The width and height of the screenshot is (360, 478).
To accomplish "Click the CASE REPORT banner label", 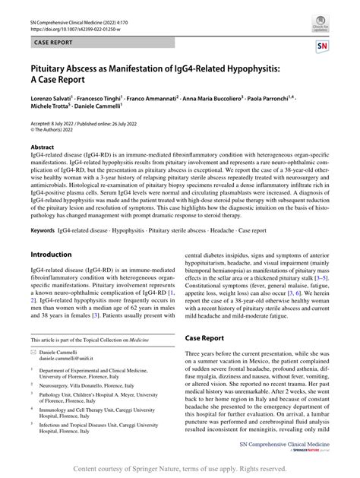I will (53, 44).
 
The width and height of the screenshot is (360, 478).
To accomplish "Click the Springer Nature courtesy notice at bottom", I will (180, 469).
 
